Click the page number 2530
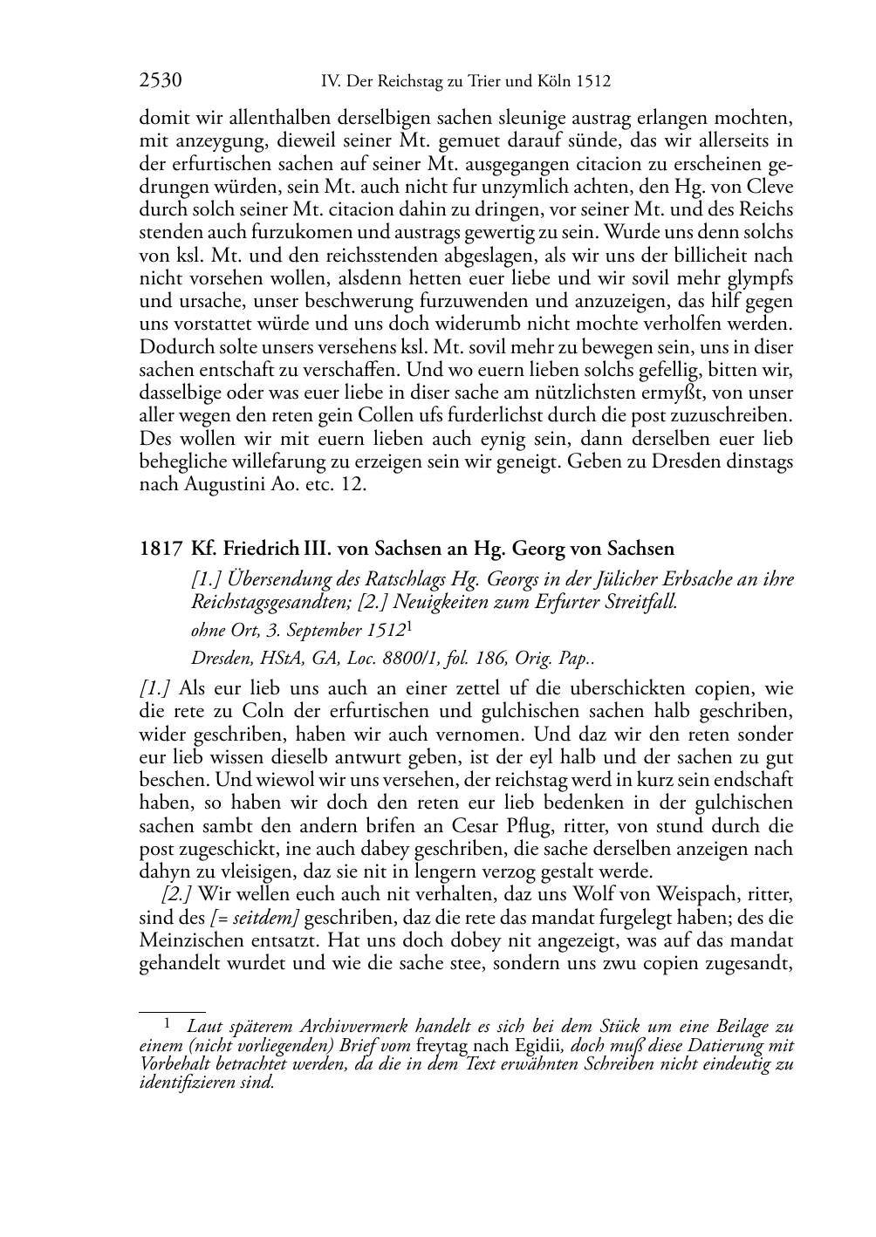[x=160, y=82]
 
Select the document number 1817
[x=160, y=550]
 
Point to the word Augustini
[x=222, y=485]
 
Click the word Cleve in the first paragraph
[x=770, y=188]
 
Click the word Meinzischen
[x=187, y=940]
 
